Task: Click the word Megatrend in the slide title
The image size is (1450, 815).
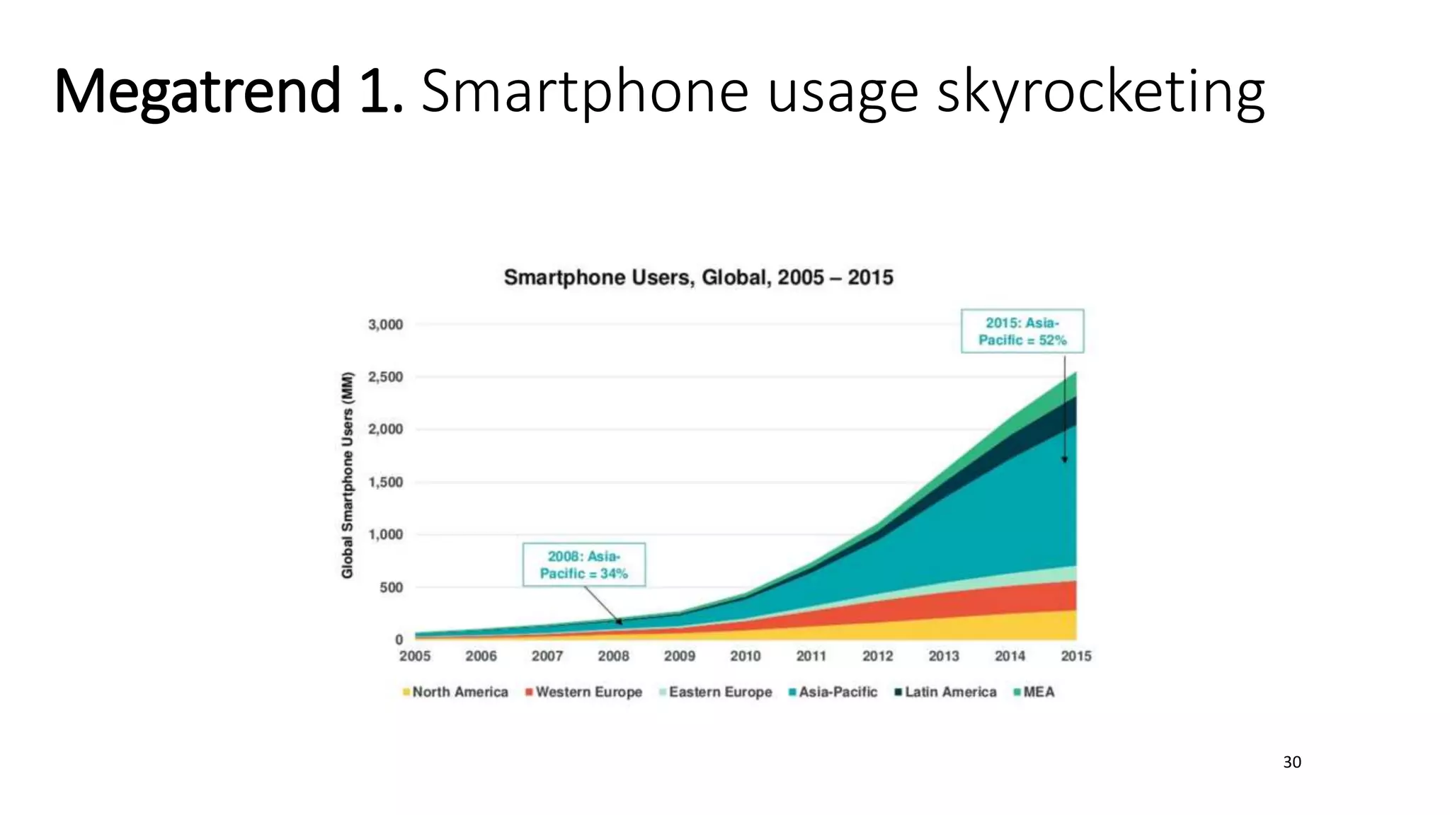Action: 197,92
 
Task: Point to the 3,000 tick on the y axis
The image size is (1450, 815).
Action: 385,325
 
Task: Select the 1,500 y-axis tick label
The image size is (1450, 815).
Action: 385,482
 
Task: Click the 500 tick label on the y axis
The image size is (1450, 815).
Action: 391,587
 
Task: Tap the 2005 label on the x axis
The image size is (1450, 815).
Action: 415,657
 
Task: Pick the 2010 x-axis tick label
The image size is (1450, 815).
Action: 745,657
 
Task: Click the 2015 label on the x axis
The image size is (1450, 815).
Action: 1075,657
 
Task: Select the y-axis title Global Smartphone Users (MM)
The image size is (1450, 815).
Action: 348,475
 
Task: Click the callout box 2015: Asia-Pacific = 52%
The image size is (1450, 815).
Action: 1022,331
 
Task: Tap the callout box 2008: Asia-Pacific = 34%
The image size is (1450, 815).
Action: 583,565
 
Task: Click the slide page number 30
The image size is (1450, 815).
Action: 1291,762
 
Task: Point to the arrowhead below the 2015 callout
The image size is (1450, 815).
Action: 1064,460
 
